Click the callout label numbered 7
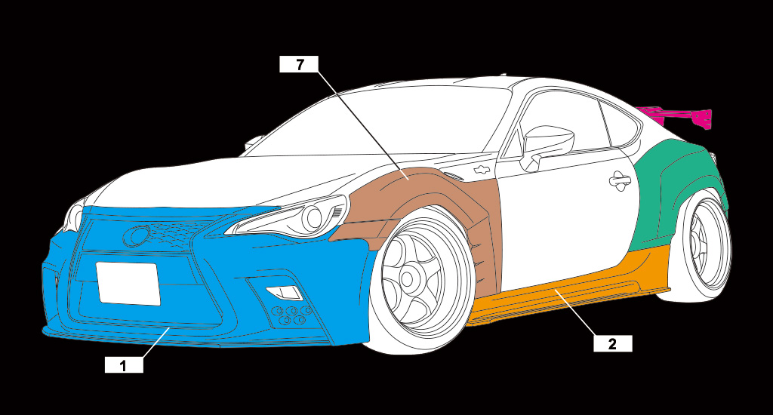(299, 64)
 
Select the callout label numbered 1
(124, 365)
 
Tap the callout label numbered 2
(612, 343)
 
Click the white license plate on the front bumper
(128, 284)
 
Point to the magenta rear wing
(678, 116)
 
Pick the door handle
(620, 181)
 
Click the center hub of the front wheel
(407, 278)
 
